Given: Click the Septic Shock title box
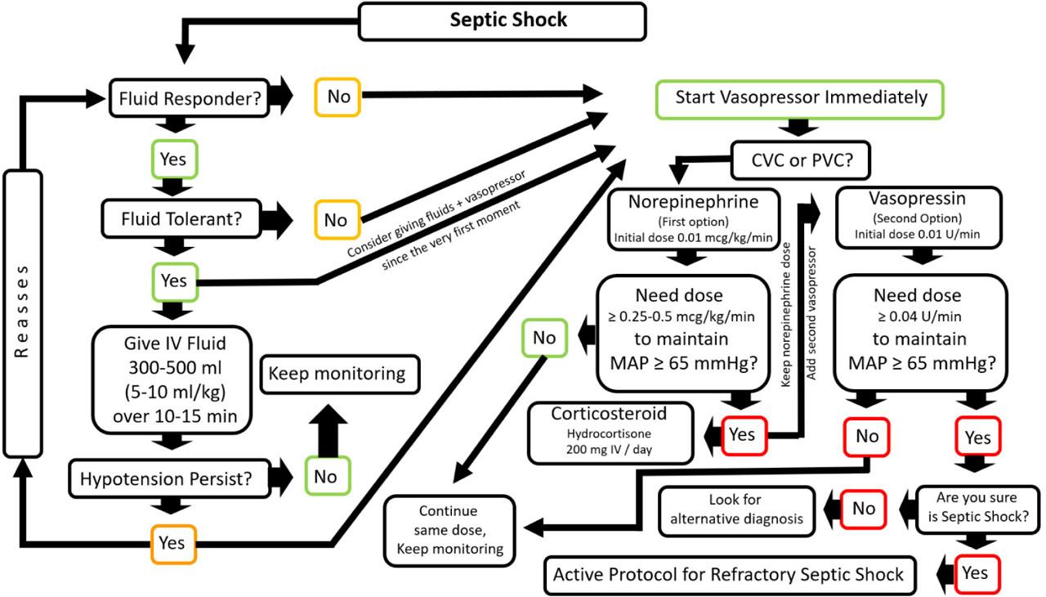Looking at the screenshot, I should coord(508,20).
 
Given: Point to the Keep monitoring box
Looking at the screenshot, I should coord(337,375).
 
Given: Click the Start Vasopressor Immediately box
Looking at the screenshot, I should coord(800,98).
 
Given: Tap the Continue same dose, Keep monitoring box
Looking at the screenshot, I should coord(450,529).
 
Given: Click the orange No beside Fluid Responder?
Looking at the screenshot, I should coord(337,97).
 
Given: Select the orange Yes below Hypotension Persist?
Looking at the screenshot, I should coord(172,542).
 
